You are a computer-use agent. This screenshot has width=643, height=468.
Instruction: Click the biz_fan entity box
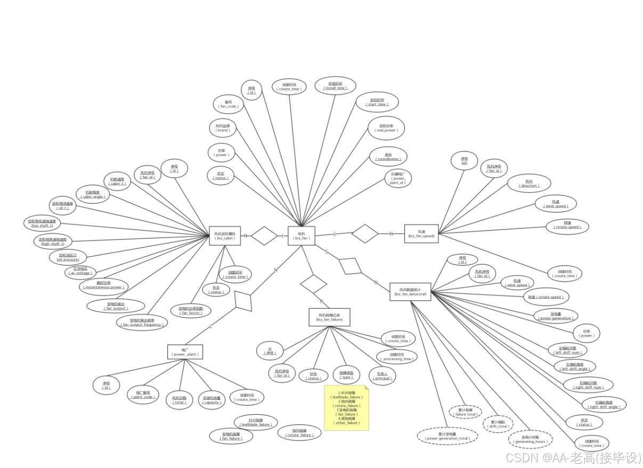(302, 236)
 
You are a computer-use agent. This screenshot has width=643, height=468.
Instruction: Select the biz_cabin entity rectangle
(225, 236)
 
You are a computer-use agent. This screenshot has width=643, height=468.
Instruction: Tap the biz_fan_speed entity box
(421, 233)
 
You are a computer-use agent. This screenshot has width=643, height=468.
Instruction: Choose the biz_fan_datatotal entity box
(410, 291)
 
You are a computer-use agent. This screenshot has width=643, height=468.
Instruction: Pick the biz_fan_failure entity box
(330, 317)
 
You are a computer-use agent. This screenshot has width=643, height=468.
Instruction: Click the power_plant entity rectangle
(185, 352)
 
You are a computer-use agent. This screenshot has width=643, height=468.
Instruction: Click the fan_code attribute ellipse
(229, 104)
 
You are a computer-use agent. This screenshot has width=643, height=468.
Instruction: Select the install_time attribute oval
(335, 86)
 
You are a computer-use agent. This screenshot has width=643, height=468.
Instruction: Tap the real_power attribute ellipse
(386, 128)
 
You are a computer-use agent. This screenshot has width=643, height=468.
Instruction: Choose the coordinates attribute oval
(388, 157)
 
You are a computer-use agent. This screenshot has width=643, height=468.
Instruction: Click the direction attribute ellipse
(529, 183)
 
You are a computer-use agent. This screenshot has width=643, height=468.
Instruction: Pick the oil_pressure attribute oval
(68, 258)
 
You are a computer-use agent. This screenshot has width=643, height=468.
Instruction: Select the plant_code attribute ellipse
(143, 394)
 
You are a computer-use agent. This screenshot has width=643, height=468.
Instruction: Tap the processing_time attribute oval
(397, 356)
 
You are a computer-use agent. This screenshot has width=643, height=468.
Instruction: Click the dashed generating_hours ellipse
(531, 439)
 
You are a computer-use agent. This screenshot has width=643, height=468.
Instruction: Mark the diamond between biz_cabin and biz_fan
(264, 236)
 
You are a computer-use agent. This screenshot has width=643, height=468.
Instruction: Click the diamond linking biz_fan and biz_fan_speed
(365, 233)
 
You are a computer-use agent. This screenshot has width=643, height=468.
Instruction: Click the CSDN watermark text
(572, 457)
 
